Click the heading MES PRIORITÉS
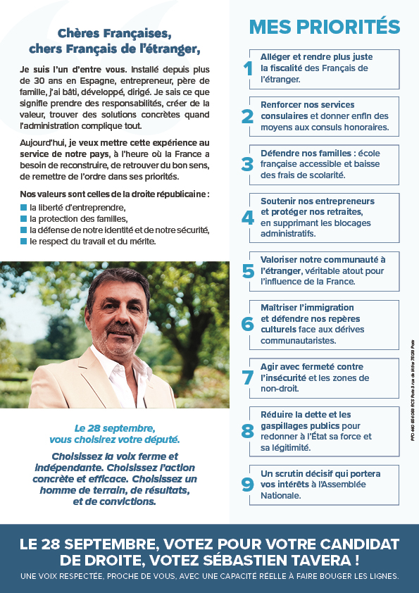point(325,27)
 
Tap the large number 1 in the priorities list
point(247,68)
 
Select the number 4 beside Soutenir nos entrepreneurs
point(247,218)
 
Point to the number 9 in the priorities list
point(247,485)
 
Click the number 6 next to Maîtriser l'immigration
point(247,324)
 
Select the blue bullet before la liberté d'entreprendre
point(23,208)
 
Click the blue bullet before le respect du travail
point(23,242)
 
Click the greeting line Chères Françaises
point(115,33)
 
